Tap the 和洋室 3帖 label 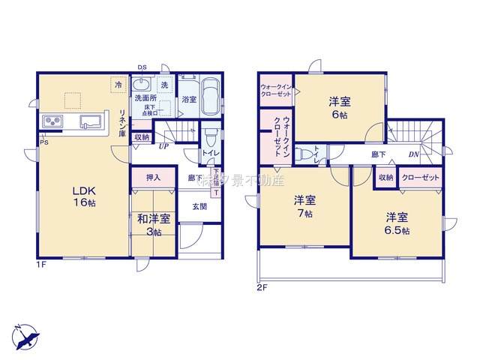click(x=153, y=224)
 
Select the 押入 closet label click(x=152, y=178)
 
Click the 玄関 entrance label click(x=199, y=206)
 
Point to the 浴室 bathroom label click(x=187, y=98)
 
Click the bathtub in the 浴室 click(x=210, y=97)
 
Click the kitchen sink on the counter click(x=91, y=121)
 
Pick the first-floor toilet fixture click(x=210, y=138)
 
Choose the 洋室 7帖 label click(x=304, y=206)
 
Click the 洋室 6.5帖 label click(x=397, y=222)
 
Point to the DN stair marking click(x=414, y=155)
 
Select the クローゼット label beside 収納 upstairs click(x=420, y=178)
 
